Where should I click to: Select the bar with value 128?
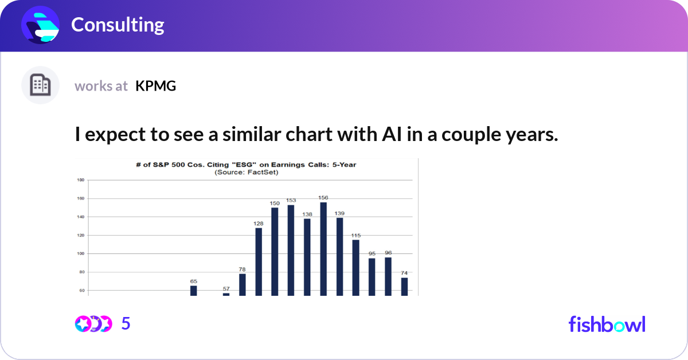tap(259, 261)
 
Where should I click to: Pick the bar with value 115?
tap(355, 267)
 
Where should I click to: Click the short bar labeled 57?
tap(226, 294)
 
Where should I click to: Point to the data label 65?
tap(194, 281)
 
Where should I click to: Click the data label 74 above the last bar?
tap(404, 273)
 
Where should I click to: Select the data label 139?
tap(339, 213)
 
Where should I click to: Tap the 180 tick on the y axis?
tap(81, 180)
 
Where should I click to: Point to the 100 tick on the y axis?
tap(81, 253)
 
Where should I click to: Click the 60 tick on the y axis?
tap(81, 291)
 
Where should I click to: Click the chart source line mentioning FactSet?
tap(246, 172)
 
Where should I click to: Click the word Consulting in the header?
tap(118, 25)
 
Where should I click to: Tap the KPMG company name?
tap(155, 86)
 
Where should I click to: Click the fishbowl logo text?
tap(607, 324)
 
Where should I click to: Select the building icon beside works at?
tap(40, 85)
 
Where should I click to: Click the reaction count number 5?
tap(126, 324)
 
